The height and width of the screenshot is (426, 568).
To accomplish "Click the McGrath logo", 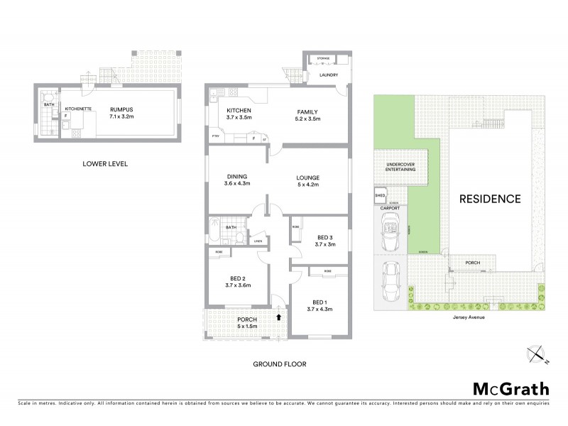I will tap(510, 388).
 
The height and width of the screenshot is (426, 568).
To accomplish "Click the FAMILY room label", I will tap(307, 111).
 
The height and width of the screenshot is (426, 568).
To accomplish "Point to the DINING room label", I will tap(236, 177).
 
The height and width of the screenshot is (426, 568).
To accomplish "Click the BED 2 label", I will tap(237, 278).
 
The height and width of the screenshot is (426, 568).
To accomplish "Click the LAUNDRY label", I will tap(328, 75).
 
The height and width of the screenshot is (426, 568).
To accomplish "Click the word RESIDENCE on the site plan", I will tap(490, 199).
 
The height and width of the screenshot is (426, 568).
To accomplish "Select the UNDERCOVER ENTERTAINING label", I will tap(400, 168).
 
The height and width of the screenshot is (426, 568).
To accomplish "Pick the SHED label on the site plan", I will tap(380, 195).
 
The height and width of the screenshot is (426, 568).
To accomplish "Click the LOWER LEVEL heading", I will tap(104, 164).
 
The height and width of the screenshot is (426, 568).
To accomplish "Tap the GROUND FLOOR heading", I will tap(280, 364).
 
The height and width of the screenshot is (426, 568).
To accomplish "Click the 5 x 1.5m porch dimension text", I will tap(247, 328).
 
